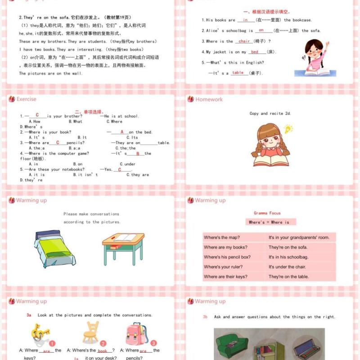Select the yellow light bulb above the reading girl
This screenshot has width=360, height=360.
click(x=288, y=130)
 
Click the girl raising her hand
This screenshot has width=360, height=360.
click(x=314, y=58)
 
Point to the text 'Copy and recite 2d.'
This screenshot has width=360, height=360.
click(x=270, y=113)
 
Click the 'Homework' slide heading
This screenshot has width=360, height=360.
click(x=209, y=99)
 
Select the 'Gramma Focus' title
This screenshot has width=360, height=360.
click(x=267, y=213)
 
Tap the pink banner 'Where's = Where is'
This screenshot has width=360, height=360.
click(x=269, y=222)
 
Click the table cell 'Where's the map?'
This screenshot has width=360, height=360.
click(x=222, y=238)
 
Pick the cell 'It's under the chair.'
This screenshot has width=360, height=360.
click(x=287, y=267)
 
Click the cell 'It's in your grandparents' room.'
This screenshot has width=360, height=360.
click(x=299, y=238)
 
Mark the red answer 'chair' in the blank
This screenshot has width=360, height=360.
click(x=244, y=41)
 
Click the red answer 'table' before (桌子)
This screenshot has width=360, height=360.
click(x=238, y=73)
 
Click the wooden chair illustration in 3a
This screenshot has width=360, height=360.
click(x=91, y=333)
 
